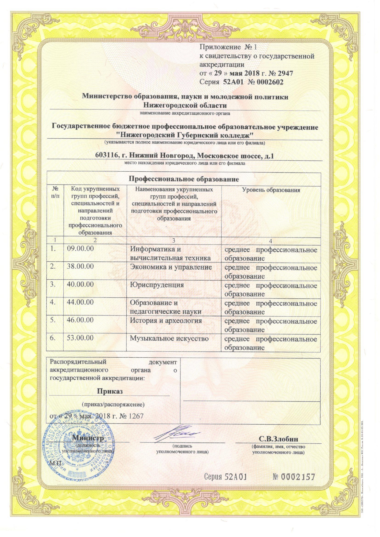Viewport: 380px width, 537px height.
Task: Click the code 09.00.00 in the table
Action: click(80, 248)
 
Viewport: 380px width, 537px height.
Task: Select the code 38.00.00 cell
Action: click(80, 266)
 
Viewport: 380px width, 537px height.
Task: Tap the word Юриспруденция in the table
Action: click(157, 285)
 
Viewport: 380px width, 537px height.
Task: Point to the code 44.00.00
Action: click(80, 302)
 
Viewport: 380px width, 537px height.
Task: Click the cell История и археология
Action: click(166, 321)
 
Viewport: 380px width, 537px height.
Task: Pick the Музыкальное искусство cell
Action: click(169, 338)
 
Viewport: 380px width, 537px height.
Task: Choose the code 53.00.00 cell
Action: click(80, 338)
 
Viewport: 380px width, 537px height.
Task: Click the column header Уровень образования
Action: click(271, 190)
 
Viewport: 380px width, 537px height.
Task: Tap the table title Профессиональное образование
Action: click(184, 179)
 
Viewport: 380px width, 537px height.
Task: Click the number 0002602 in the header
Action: click(269, 82)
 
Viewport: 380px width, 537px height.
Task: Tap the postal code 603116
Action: click(106, 156)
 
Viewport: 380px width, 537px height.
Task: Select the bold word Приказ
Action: click(110, 391)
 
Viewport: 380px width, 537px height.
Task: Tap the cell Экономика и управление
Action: click(171, 267)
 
